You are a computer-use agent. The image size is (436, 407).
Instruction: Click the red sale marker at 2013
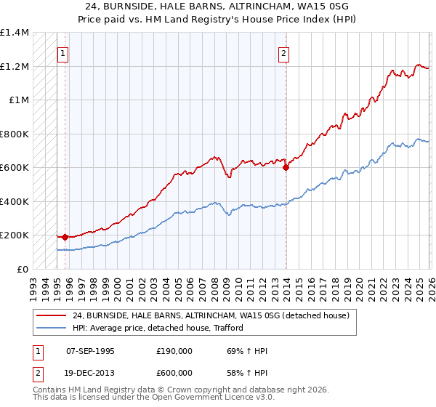click(286, 167)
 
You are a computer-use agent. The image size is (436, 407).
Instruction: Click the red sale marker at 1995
click(65, 236)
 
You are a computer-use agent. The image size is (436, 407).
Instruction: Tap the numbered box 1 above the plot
click(63, 53)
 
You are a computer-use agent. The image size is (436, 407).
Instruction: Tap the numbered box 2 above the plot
click(283, 53)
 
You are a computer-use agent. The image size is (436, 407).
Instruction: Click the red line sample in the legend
click(51, 315)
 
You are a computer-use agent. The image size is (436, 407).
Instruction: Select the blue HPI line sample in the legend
click(51, 327)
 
